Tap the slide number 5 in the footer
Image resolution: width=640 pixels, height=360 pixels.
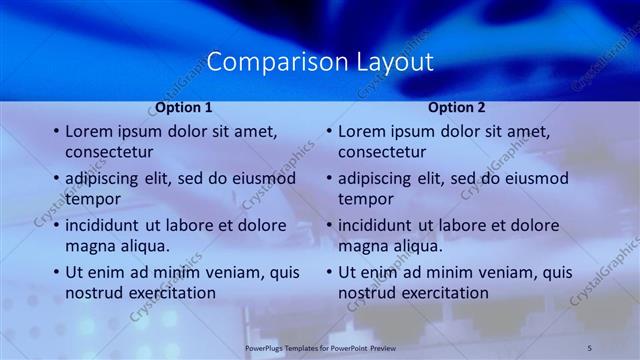(590, 347)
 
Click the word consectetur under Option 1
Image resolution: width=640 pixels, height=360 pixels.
(109, 152)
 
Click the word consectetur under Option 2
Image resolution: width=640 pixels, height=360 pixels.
(382, 152)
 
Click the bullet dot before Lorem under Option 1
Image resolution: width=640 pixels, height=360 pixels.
(55, 132)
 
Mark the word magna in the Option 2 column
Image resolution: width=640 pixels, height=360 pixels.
(363, 246)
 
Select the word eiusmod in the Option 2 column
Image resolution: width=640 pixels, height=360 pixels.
(533, 178)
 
